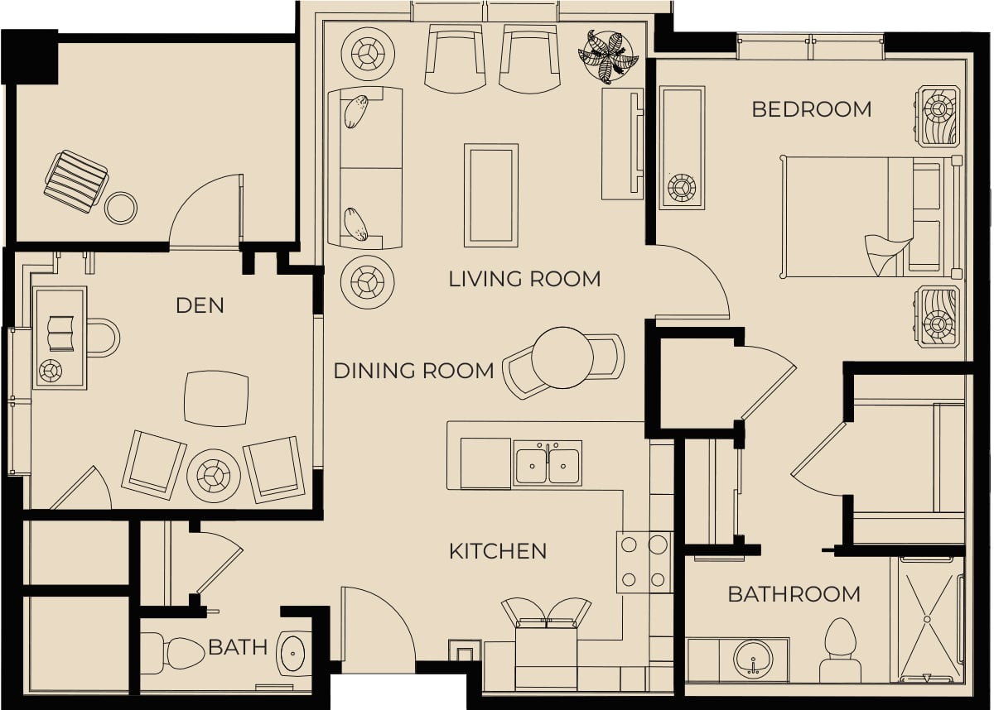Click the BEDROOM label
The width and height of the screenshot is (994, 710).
click(x=812, y=109)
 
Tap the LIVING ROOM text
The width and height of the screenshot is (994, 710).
click(x=524, y=279)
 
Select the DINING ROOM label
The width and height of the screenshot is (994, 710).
click(x=413, y=371)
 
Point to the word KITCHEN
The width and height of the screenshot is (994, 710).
click(x=498, y=551)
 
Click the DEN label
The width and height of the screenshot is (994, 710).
click(x=200, y=306)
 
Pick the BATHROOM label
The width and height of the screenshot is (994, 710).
click(x=794, y=594)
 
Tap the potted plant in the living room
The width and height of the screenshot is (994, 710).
click(x=608, y=57)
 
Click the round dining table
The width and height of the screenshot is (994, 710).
click(x=562, y=357)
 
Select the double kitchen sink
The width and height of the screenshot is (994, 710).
click(x=548, y=463)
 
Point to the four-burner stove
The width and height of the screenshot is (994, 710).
click(x=644, y=563)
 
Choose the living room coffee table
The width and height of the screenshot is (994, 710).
click(x=490, y=195)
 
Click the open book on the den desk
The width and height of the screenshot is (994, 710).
click(x=60, y=333)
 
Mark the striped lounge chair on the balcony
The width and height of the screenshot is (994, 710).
click(x=76, y=182)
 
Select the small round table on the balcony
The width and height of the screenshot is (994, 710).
click(x=121, y=208)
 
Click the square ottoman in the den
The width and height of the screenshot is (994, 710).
click(x=216, y=398)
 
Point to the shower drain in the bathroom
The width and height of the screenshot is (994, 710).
click(x=927, y=619)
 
